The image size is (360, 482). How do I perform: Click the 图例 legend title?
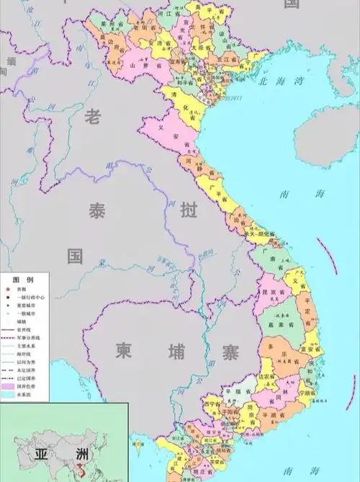point(22,279)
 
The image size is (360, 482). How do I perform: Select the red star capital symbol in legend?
point(8,288)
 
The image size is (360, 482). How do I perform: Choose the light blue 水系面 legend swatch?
point(10,396)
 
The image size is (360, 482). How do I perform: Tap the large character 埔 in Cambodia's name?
point(176,351)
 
